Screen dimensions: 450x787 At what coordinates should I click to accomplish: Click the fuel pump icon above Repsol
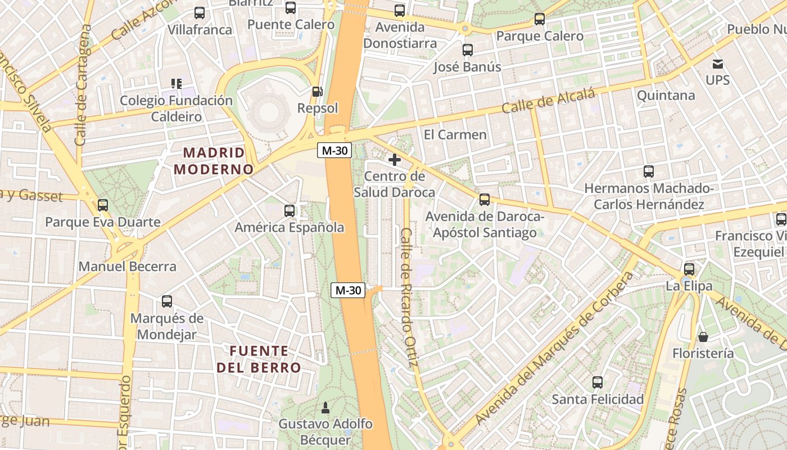click(318, 91)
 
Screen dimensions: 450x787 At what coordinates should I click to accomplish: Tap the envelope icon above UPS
click(718, 64)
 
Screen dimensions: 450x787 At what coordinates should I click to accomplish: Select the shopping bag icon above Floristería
click(703, 337)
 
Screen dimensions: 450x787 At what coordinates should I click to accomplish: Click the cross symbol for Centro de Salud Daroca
click(395, 160)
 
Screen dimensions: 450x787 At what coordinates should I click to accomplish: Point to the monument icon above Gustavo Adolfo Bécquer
click(325, 407)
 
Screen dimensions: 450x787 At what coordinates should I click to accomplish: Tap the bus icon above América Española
click(290, 211)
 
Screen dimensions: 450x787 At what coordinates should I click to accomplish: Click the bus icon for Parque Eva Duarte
click(103, 205)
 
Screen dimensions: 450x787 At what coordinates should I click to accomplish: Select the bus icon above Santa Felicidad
click(598, 382)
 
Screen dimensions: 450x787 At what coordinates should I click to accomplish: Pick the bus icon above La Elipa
click(689, 269)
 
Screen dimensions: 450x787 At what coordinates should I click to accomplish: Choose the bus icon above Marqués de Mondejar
click(167, 301)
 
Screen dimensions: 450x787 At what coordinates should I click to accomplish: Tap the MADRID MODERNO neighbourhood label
click(214, 161)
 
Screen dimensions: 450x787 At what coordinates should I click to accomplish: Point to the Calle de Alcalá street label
click(548, 102)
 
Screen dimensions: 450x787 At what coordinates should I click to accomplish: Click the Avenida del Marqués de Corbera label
click(554, 349)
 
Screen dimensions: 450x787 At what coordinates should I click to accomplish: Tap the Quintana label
click(666, 95)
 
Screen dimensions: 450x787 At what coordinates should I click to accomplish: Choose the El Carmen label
click(455, 134)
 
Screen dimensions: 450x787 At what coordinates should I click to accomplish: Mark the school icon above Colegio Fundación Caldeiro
click(177, 84)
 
